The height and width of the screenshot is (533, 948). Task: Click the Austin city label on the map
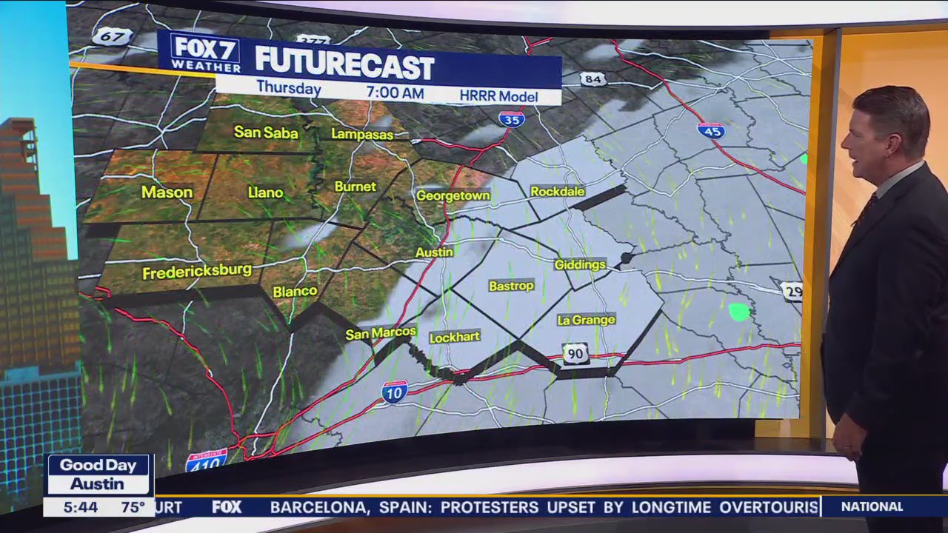434,252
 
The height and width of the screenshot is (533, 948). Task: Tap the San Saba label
266,133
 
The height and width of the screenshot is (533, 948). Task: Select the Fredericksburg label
197,272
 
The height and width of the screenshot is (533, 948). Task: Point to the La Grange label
586,320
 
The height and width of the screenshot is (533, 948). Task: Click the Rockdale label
558,192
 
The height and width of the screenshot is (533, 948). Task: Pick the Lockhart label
454,337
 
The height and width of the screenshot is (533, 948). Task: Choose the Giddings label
580,264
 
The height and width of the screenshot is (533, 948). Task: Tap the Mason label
167,192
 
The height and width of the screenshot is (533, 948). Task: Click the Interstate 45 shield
710,130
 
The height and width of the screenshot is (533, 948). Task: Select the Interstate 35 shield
511,118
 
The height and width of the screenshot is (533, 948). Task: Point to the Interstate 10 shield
394,392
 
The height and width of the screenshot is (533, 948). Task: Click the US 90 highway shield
575,354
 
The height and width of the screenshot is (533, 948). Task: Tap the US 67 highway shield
112,36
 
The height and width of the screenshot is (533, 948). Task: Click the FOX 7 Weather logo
205,53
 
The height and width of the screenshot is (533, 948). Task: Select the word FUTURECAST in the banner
344,67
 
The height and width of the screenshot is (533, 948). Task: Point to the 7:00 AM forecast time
395,93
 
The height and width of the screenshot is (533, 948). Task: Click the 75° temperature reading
133,507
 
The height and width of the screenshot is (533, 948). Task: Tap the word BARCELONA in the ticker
318,507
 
